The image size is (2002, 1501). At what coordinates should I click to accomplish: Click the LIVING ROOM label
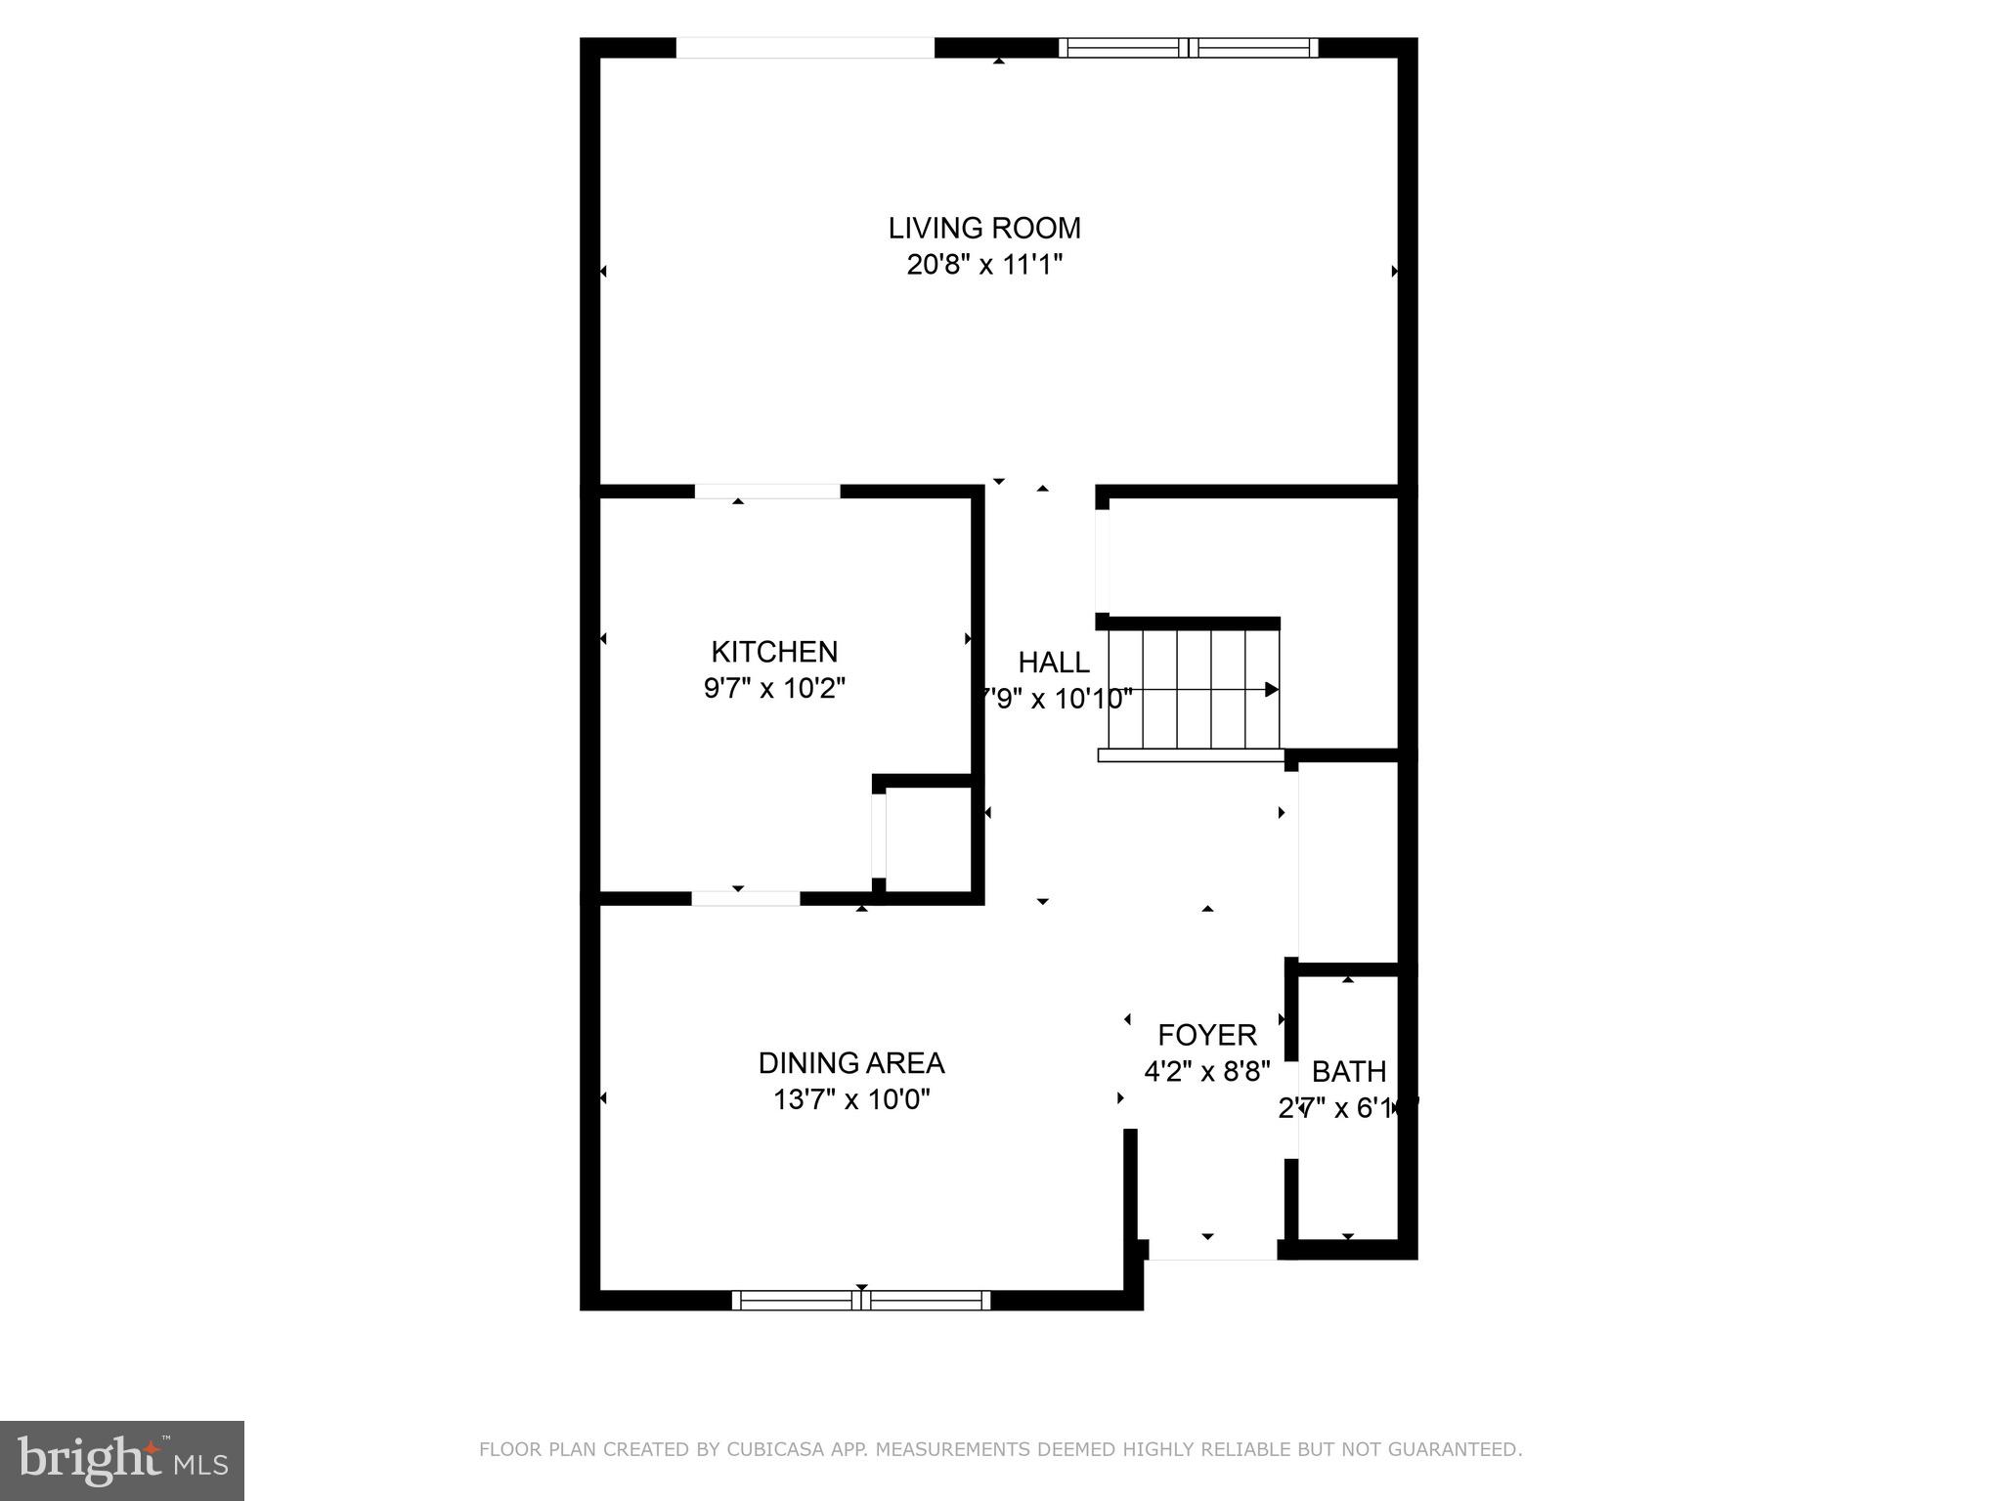(983, 229)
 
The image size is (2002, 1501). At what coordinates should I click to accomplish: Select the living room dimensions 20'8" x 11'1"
(983, 265)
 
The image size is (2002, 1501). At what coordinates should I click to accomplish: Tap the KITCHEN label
(774, 652)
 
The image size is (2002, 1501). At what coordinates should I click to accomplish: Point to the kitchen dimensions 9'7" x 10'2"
(774, 689)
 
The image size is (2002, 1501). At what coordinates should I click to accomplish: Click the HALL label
(1054, 663)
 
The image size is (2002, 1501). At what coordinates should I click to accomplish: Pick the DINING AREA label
(851, 1063)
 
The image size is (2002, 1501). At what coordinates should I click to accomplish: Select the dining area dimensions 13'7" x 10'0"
(851, 1100)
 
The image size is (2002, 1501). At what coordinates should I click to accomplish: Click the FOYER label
(1207, 1035)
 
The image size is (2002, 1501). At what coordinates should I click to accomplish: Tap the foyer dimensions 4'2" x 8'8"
(1207, 1072)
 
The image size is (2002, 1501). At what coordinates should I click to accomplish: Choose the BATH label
(1349, 1072)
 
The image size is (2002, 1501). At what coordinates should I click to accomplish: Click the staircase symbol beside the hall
(1193, 689)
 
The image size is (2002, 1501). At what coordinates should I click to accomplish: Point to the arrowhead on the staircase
(1272, 690)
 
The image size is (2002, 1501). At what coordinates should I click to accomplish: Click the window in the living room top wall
(1188, 48)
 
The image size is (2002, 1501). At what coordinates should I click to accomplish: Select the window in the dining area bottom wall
(860, 1300)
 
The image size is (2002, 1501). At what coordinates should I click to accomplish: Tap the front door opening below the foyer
(1212, 1251)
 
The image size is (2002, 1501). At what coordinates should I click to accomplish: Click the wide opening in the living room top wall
(805, 48)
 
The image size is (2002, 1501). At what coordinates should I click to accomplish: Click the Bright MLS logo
(122, 1460)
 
